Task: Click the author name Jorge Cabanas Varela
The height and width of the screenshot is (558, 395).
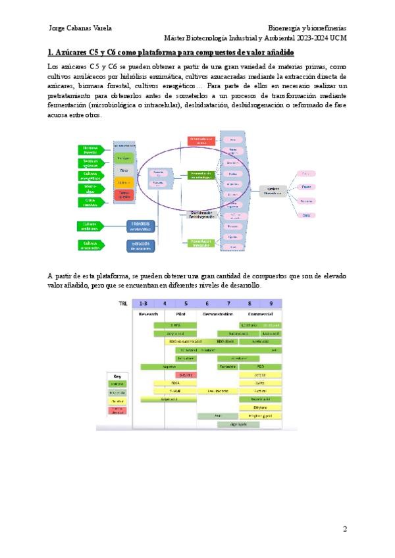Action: tap(80, 28)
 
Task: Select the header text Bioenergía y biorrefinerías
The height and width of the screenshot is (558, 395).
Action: tap(307, 28)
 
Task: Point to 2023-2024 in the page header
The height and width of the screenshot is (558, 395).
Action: tap(312, 38)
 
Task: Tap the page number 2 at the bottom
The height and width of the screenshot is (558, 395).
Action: tap(344, 530)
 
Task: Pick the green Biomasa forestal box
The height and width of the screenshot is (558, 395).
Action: tap(91, 150)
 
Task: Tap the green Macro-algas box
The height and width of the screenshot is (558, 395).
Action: tap(91, 188)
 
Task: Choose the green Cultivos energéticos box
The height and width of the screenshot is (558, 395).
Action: tap(91, 175)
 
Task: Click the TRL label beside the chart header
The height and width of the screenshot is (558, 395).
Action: tap(123, 303)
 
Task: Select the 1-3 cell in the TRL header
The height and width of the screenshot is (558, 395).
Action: tap(144, 303)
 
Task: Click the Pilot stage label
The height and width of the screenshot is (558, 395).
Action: tap(186, 314)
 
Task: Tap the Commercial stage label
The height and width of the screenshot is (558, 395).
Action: tap(261, 314)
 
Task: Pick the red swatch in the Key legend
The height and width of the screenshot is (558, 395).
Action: tap(117, 410)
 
